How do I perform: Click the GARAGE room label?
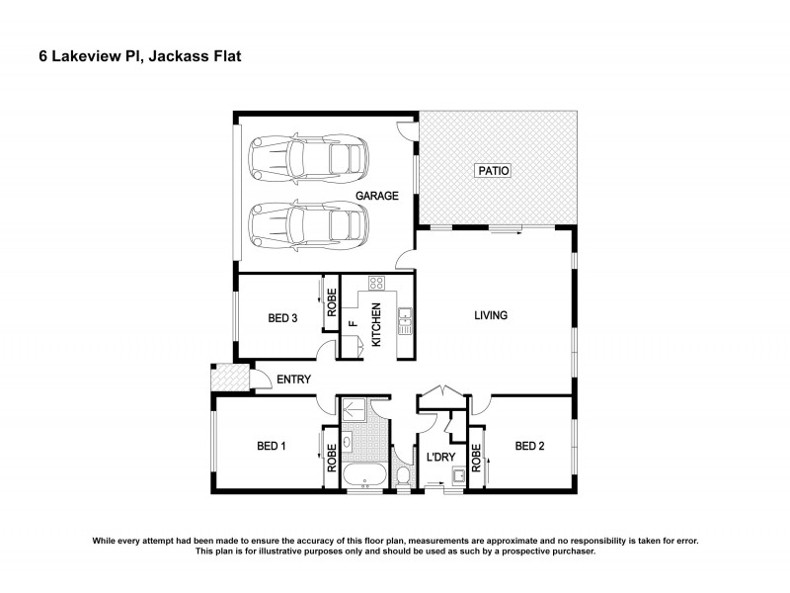[x=377, y=196]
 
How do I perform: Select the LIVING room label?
[x=490, y=316]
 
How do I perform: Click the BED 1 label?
[x=271, y=447]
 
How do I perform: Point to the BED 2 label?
[x=529, y=447]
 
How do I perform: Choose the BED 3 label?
[x=282, y=318]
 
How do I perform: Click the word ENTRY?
[x=294, y=380]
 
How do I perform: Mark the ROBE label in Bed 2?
[x=476, y=458]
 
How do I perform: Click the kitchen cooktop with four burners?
[x=375, y=283]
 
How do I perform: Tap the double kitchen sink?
[x=404, y=318]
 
